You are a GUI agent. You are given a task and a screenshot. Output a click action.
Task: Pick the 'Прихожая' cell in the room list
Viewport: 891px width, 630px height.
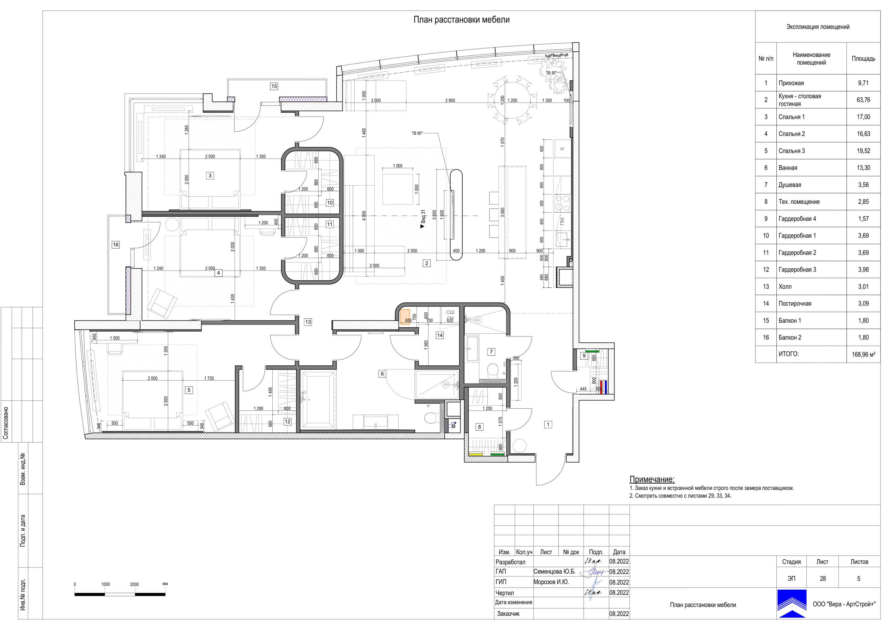[791, 83]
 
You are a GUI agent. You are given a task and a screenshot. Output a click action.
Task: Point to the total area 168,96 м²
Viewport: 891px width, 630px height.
[863, 354]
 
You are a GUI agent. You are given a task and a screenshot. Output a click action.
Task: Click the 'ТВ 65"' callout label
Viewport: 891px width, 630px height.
[417, 133]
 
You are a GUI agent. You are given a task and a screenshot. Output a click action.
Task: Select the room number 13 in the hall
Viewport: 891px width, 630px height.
[308, 322]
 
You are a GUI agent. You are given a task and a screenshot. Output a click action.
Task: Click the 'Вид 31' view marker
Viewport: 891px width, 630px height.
[423, 219]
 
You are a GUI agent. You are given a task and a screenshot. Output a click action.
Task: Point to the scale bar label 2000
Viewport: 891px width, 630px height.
[134, 584]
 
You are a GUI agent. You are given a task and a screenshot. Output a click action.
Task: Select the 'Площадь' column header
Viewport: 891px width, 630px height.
[863, 59]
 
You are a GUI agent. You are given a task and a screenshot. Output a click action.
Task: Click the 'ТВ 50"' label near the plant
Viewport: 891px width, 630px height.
[551, 73]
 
